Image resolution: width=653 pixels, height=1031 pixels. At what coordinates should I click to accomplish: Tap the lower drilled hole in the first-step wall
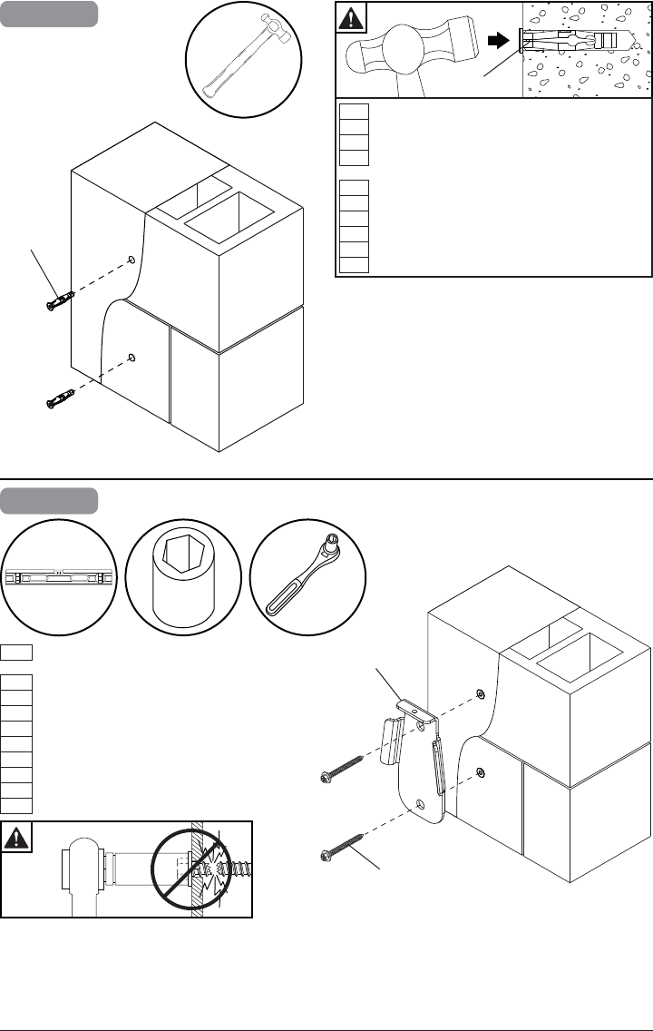132,358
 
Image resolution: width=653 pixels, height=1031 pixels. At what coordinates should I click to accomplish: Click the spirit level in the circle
58,578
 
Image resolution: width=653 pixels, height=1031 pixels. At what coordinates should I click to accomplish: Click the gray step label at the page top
49,15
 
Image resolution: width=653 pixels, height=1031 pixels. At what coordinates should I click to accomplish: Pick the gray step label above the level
49,501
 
